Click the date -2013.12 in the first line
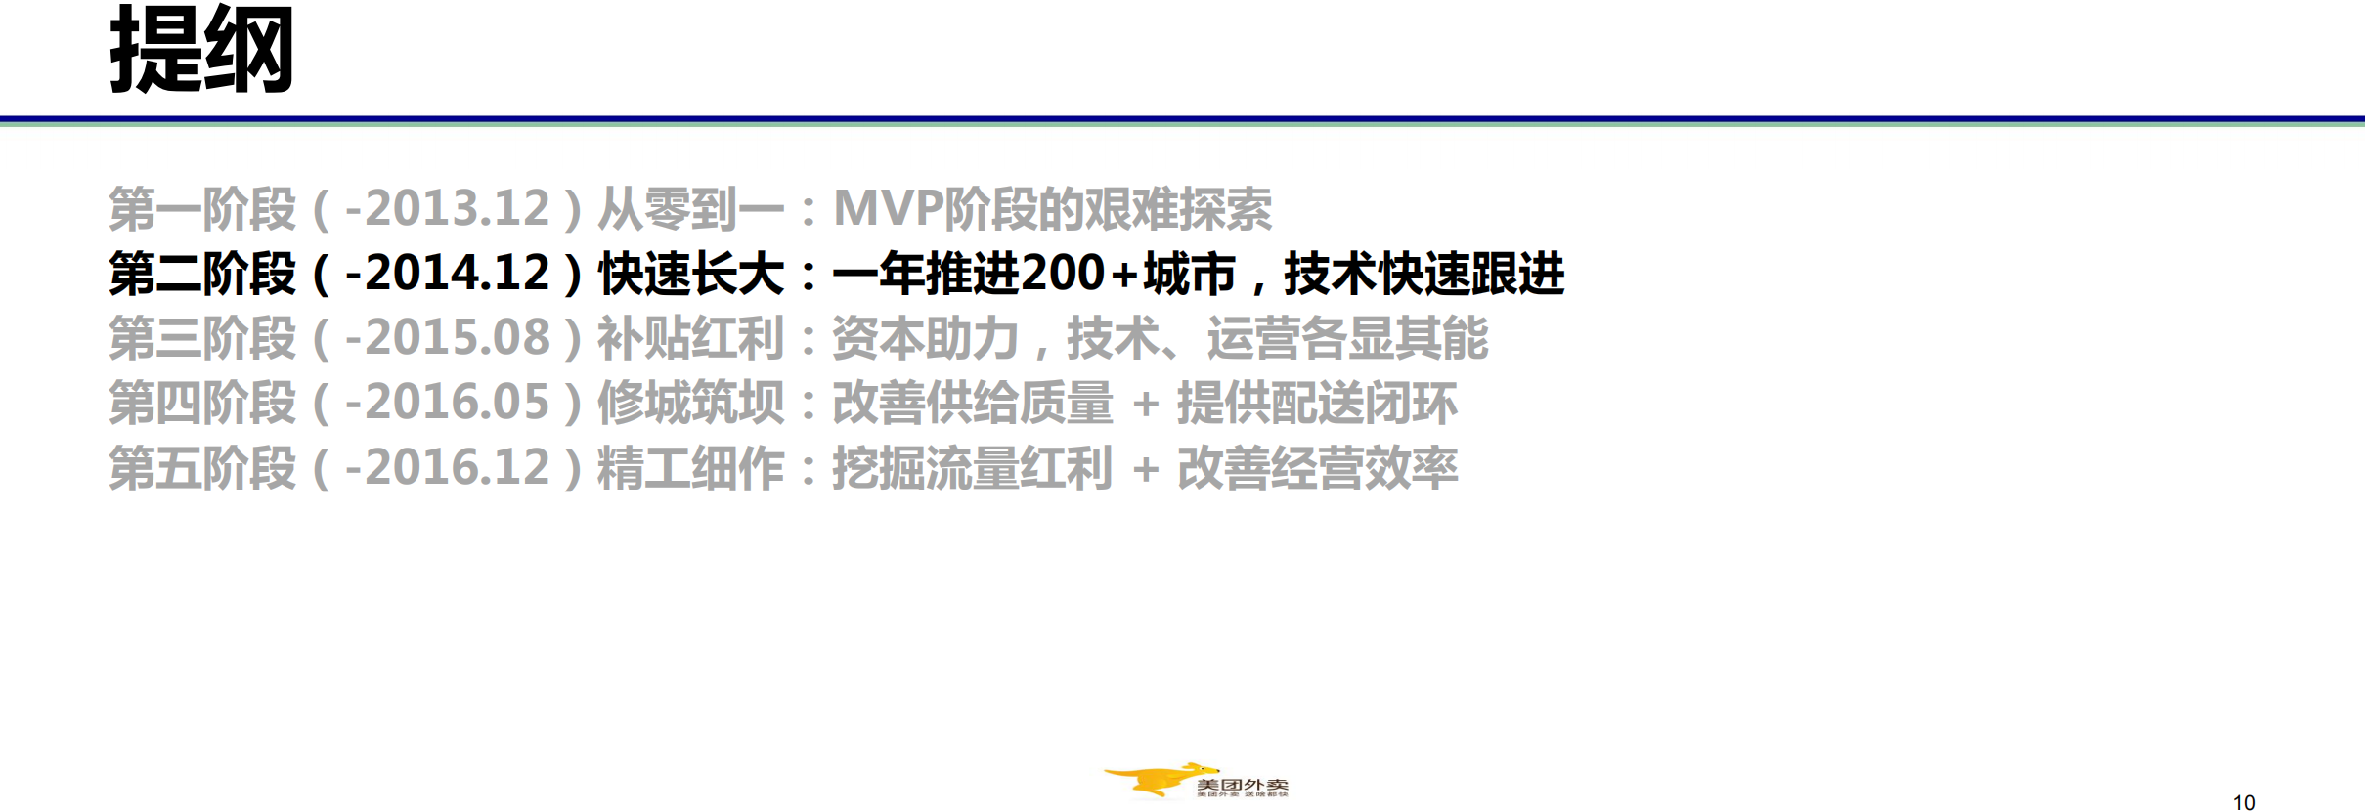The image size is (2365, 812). (x=447, y=209)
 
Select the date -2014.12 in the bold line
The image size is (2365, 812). (x=447, y=274)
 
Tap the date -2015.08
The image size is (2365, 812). (x=447, y=338)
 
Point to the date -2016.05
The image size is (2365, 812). (x=447, y=403)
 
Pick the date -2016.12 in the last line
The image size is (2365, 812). (x=447, y=467)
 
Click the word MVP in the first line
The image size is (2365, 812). (x=887, y=209)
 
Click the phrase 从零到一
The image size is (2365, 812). (x=691, y=209)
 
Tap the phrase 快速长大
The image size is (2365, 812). (x=691, y=274)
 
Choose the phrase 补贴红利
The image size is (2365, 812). (x=691, y=338)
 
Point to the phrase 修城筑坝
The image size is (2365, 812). (x=691, y=403)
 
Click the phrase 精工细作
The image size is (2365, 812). (x=691, y=467)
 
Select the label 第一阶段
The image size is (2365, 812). (x=201, y=209)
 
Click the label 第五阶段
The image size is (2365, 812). (x=201, y=467)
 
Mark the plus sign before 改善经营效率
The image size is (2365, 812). (x=1145, y=469)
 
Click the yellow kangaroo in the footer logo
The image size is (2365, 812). (x=1154, y=780)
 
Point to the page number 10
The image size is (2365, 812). (x=2244, y=802)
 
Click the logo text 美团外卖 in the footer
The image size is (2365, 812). (x=1242, y=784)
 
